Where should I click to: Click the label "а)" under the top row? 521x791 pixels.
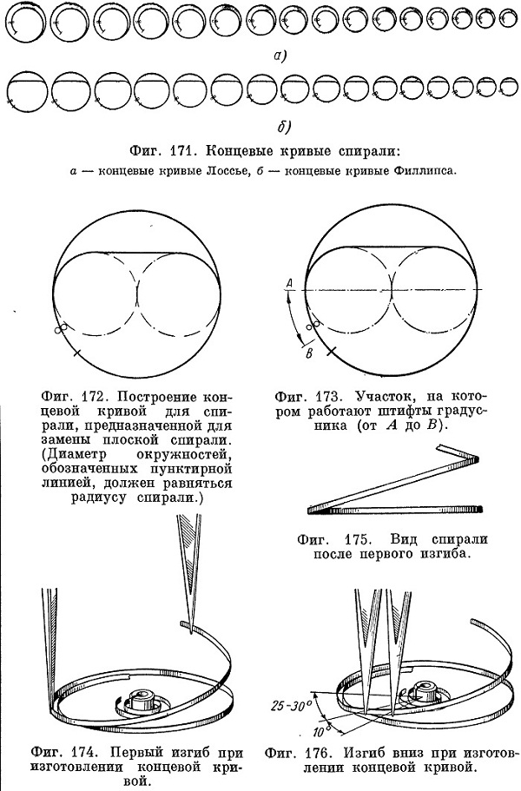pyautogui.click(x=280, y=55)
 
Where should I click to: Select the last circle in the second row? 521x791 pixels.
pyautogui.click(x=508, y=89)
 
